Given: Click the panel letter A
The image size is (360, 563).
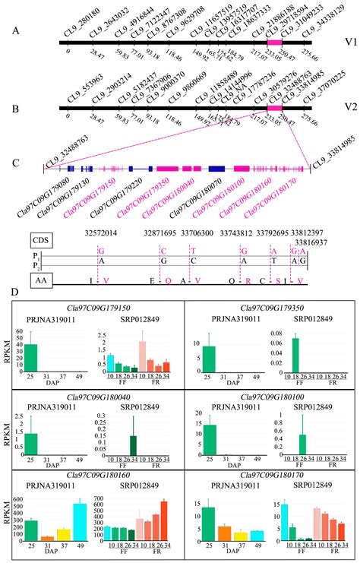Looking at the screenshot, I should click(16, 32).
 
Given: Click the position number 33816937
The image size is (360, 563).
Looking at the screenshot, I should click(294, 242).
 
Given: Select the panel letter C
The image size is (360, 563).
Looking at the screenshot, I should click(16, 162).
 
